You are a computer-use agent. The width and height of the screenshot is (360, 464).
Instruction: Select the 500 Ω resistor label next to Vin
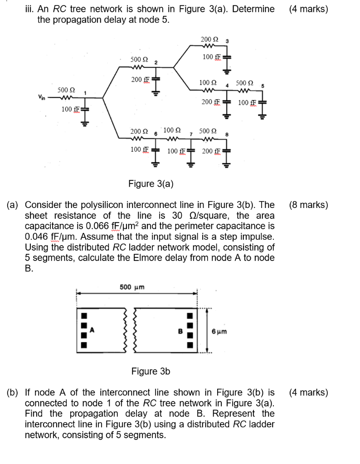pyautogui.click(x=66, y=90)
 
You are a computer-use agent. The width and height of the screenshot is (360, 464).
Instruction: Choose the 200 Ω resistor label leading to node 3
pyautogui.click(x=209, y=40)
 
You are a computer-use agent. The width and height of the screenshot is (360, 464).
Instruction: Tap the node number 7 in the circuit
pyautogui.click(x=192, y=135)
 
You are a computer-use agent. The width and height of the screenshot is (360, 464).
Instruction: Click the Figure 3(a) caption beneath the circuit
pyautogui.click(x=151, y=184)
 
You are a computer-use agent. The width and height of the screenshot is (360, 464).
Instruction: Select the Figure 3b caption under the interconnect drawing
pyautogui.click(x=151, y=372)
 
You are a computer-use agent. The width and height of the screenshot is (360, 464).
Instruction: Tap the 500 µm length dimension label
pyautogui.click(x=132, y=287)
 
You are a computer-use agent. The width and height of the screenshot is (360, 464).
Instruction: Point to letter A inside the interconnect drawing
pyautogui.click(x=94, y=330)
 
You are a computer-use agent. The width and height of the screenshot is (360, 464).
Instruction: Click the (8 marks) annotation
pyautogui.click(x=308, y=205)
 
